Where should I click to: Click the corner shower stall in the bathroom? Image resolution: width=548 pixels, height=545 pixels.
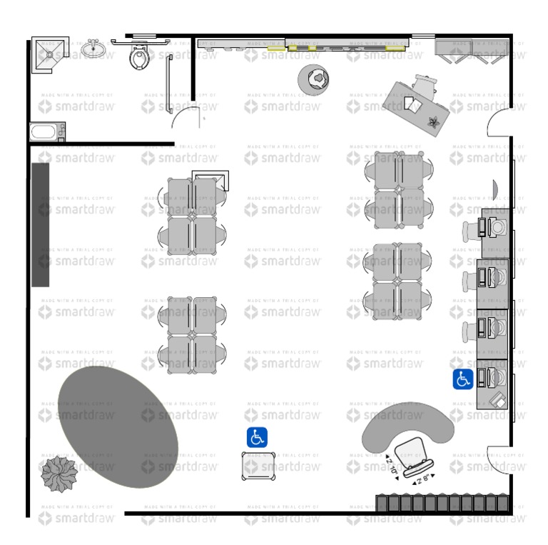tap(50, 54)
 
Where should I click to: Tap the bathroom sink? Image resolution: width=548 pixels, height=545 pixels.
tap(93, 49)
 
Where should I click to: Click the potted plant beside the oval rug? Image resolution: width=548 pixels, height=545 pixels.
tap(58, 473)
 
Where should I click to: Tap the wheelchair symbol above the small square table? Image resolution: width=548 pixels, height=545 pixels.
tap(257, 437)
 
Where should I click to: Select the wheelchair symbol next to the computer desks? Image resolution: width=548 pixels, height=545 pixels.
tap(462, 379)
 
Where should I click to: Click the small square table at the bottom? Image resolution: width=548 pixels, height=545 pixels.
tap(258, 465)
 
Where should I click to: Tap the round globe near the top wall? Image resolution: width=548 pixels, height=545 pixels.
tap(315, 78)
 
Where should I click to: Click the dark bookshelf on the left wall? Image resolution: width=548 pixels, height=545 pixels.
tap(41, 224)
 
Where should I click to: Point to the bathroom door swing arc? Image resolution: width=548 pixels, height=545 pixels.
tap(187, 118)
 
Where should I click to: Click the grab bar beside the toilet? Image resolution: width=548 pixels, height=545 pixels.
tap(169, 84)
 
